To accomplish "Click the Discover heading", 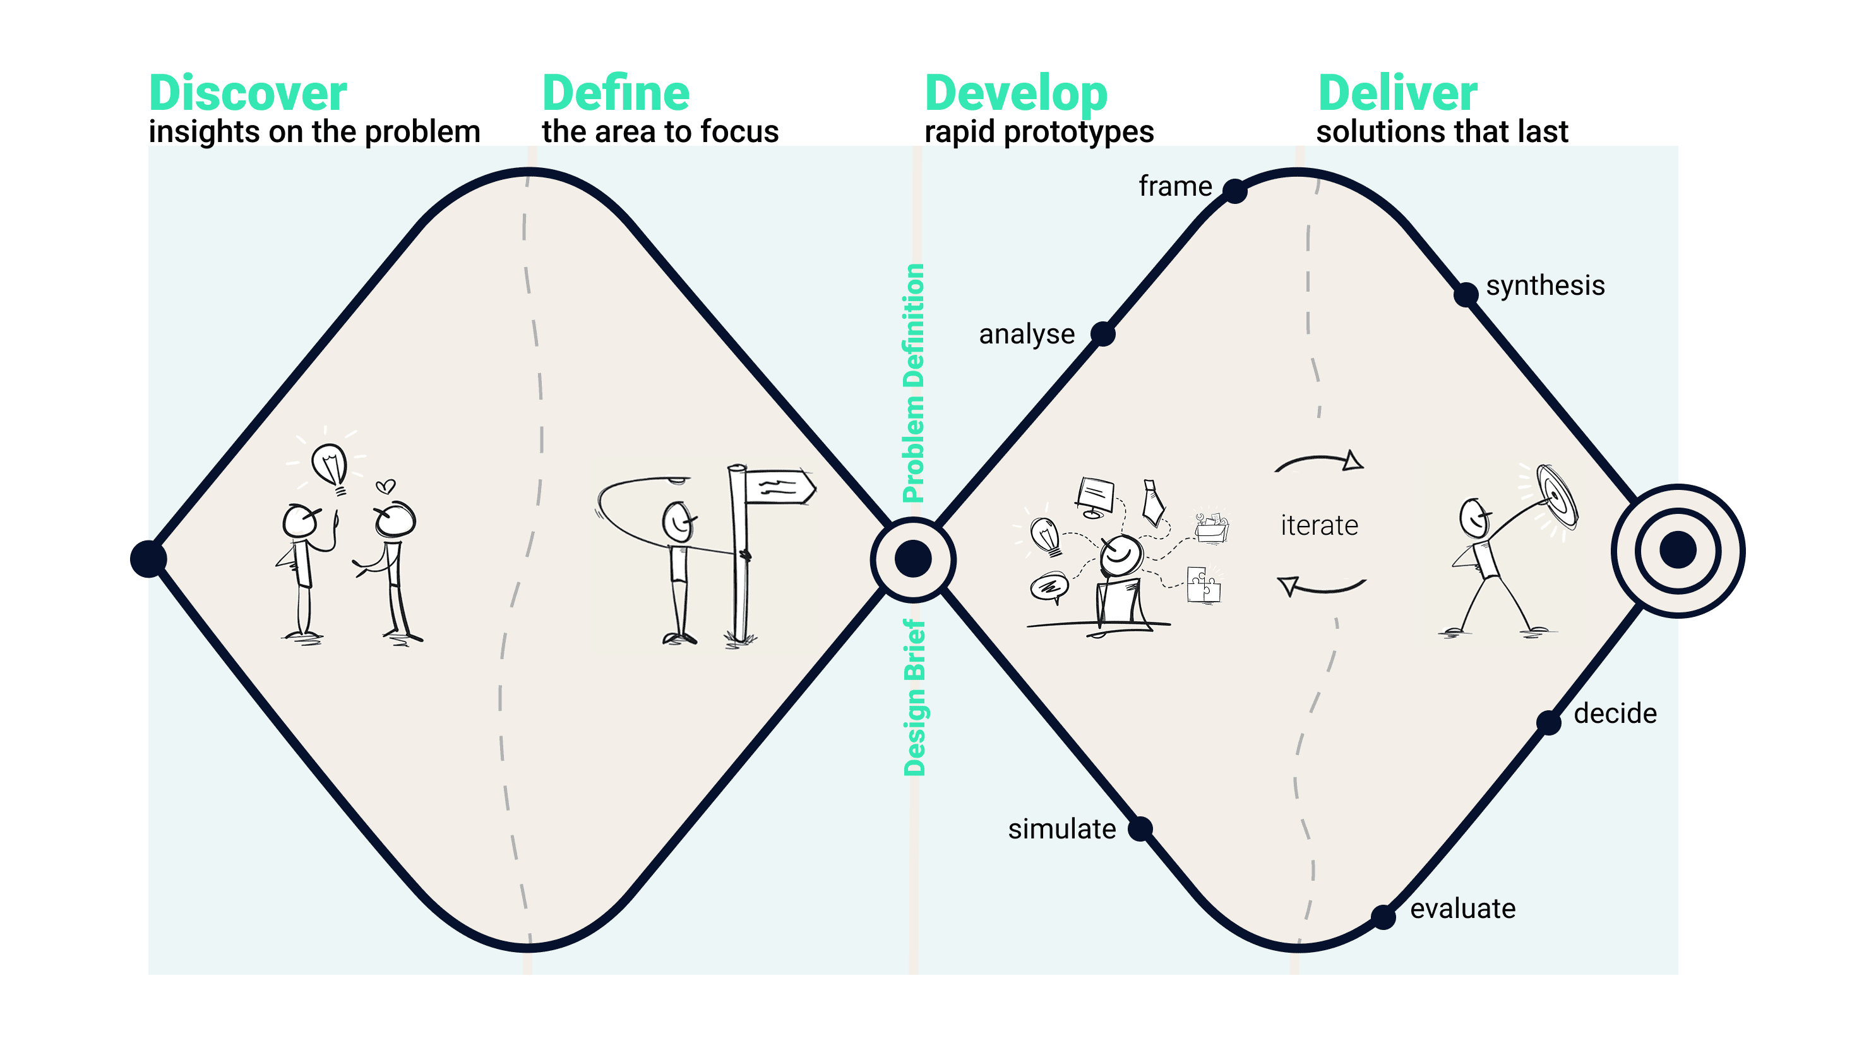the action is pyautogui.click(x=248, y=93).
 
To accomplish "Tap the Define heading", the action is pyautogui.click(x=616, y=93).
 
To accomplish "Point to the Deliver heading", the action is pyautogui.click(x=1397, y=93).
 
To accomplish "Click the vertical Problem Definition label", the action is pyautogui.click(x=913, y=383).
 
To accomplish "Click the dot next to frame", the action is pyautogui.click(x=1234, y=191).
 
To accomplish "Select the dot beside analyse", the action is pyautogui.click(x=1102, y=335).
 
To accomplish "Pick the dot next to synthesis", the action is pyautogui.click(x=1466, y=295).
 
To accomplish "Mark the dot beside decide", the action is pyautogui.click(x=1548, y=722).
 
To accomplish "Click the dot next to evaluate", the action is pyautogui.click(x=1383, y=917).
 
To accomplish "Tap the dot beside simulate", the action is pyautogui.click(x=1140, y=829).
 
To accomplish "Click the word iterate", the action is pyautogui.click(x=1319, y=526).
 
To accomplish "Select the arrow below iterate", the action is pyautogui.click(x=1321, y=585).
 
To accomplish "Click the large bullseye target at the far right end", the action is pyautogui.click(x=1678, y=551).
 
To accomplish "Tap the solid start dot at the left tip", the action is pyautogui.click(x=148, y=559).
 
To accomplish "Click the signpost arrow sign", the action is pyautogui.click(x=779, y=487).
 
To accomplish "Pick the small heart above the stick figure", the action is pyautogui.click(x=385, y=486).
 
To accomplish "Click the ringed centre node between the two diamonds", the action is pyautogui.click(x=913, y=559).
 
